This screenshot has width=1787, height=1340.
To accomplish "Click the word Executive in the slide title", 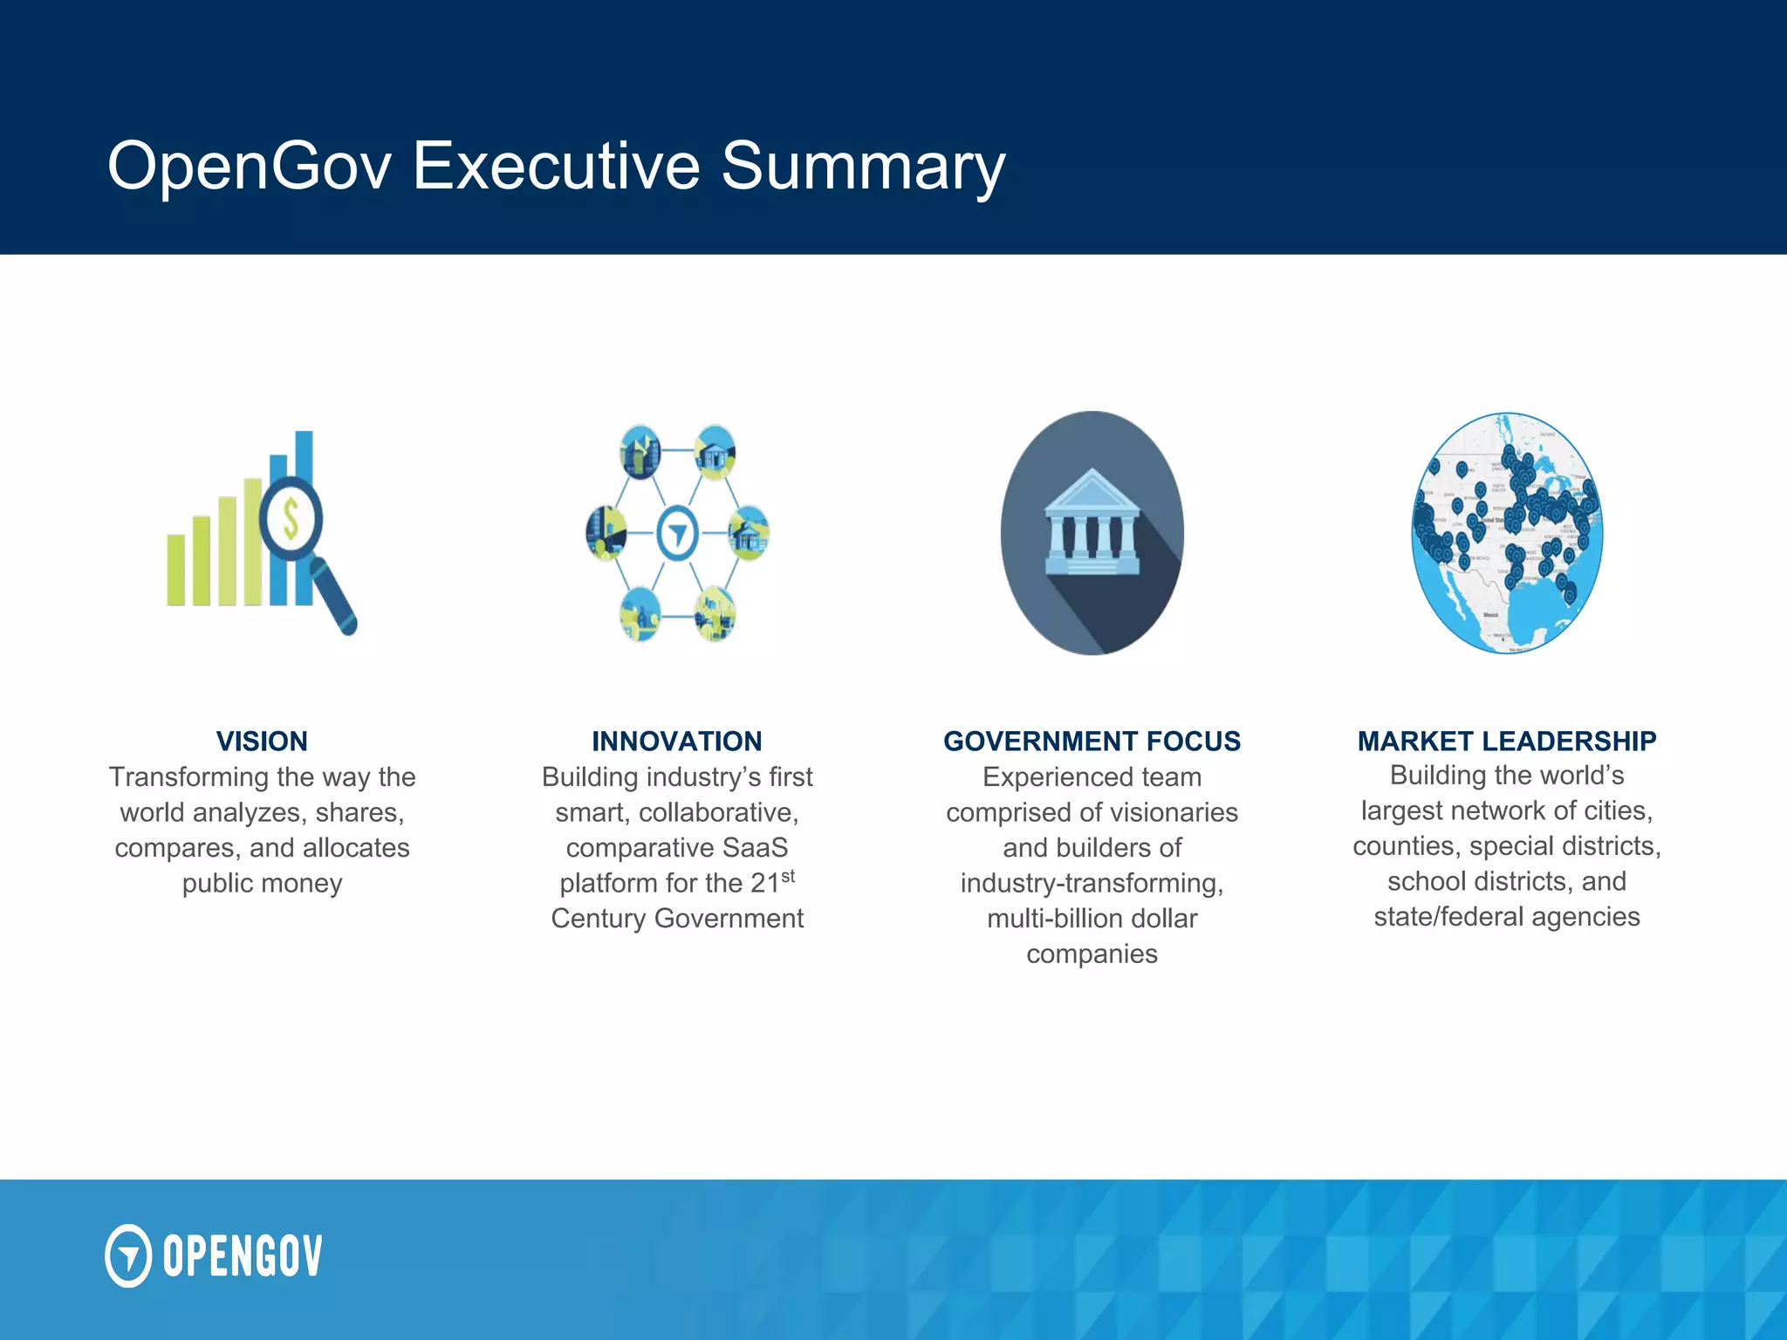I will click(556, 166).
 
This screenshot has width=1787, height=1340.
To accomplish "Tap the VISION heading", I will click(262, 742).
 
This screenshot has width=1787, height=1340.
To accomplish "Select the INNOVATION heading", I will click(676, 742).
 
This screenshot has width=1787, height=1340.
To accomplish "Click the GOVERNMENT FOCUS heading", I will click(1092, 742).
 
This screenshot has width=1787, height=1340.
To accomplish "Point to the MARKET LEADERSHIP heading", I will click(1506, 742).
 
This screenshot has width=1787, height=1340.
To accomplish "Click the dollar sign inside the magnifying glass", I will click(291, 520).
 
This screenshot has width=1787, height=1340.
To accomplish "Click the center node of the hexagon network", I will click(677, 533).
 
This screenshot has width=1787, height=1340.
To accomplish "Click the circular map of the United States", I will click(1507, 533).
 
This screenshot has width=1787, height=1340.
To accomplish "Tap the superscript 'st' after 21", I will click(788, 876).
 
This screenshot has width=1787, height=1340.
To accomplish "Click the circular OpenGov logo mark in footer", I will click(128, 1255).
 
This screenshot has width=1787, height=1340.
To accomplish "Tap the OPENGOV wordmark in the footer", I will click(243, 1256).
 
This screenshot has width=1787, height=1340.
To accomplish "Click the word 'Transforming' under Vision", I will click(188, 777).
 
